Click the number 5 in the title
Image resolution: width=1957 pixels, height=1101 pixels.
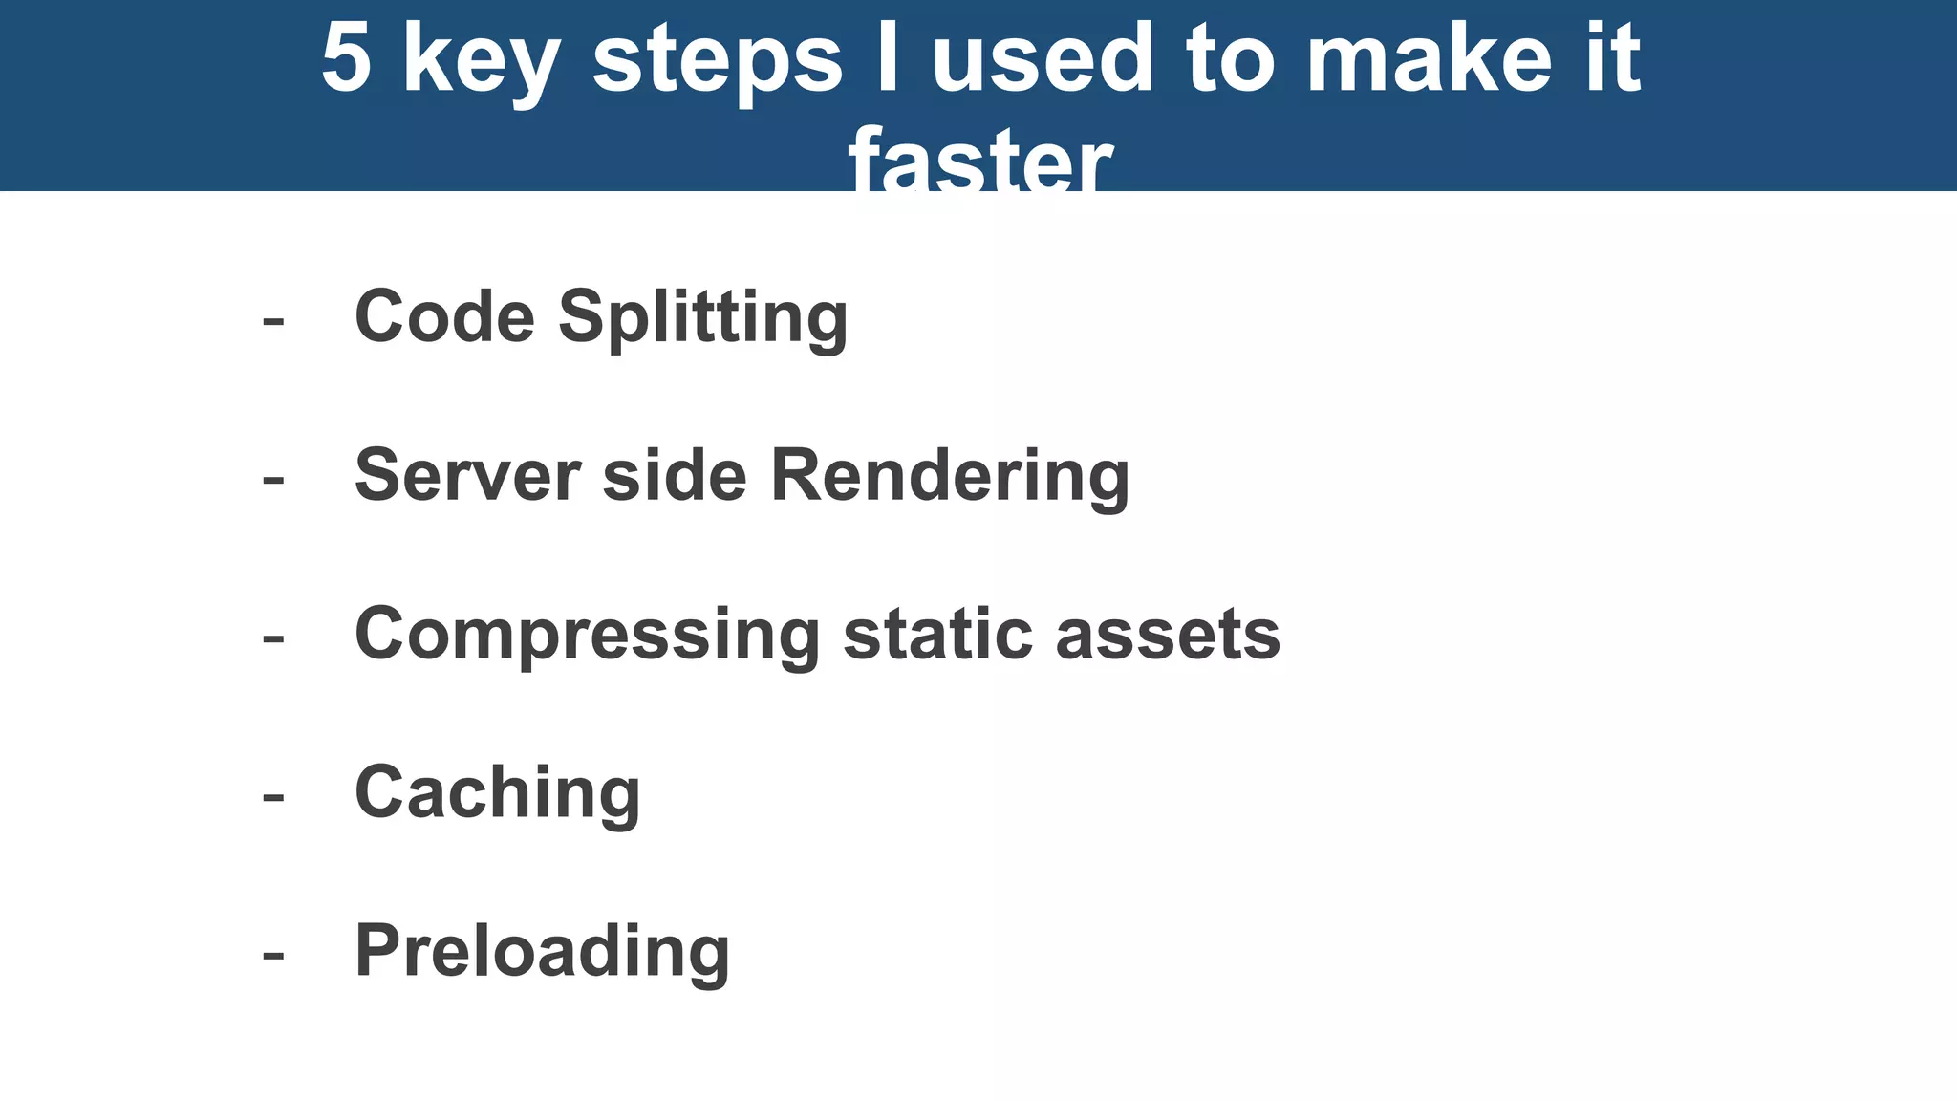[x=346, y=59]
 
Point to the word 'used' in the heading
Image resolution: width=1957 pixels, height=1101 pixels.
[x=1043, y=59]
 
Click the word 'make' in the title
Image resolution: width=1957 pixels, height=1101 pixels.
[x=1430, y=59]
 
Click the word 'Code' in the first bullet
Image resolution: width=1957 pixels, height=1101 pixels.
[x=444, y=316]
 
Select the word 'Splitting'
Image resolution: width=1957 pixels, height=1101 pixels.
[x=703, y=319]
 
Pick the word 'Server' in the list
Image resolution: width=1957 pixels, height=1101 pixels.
[x=467, y=475]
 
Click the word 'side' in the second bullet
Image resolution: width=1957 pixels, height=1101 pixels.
[x=675, y=475]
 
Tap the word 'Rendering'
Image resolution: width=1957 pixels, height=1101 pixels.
[x=950, y=478]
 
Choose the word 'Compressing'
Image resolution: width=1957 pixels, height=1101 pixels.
[x=587, y=637]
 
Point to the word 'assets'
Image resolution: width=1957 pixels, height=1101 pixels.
[x=1168, y=637]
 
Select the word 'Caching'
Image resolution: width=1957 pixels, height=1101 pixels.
[x=497, y=794]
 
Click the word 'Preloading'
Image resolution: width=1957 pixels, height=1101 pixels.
[x=542, y=953]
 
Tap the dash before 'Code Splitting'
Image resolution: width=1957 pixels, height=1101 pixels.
[x=273, y=321]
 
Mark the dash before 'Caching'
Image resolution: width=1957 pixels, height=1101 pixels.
[x=273, y=797]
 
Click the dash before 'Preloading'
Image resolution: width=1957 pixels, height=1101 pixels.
[x=273, y=956]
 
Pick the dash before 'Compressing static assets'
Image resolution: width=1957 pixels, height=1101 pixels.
[x=273, y=638]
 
